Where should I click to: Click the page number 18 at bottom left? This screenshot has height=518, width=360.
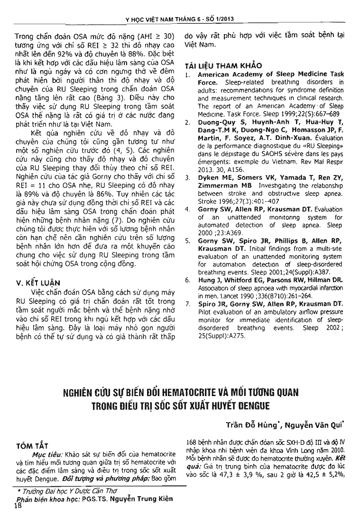click(18, 508)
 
